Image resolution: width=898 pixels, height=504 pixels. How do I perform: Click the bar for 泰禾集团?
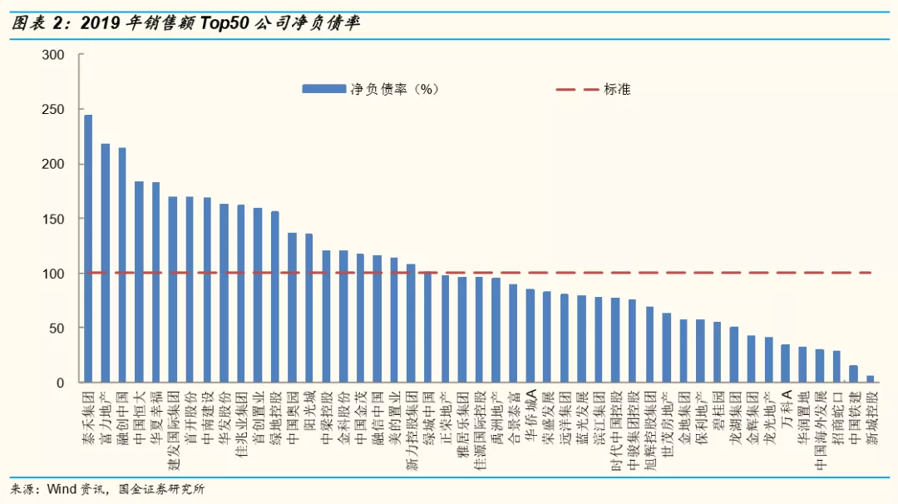click(x=88, y=249)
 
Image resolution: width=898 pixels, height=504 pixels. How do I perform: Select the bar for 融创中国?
click(x=122, y=265)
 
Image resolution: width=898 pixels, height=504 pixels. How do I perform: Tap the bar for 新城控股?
click(x=871, y=379)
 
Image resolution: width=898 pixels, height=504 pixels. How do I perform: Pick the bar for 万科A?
click(x=786, y=363)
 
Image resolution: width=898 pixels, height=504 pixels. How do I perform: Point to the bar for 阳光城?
click(x=309, y=308)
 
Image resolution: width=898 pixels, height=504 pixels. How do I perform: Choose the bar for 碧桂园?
click(x=718, y=353)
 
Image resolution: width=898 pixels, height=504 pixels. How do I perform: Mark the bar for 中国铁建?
click(x=853, y=374)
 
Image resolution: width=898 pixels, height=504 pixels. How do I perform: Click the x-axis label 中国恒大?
click(x=140, y=416)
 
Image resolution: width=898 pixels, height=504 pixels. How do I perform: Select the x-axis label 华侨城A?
click(x=530, y=416)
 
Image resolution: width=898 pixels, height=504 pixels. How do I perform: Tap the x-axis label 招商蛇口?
click(x=836, y=416)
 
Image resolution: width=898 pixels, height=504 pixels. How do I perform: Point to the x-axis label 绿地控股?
click(x=275, y=416)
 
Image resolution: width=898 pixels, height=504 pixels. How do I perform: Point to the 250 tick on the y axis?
click(x=52, y=110)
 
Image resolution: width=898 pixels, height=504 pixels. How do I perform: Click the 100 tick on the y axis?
click(x=52, y=274)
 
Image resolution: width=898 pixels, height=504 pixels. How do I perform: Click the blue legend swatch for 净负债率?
click(x=323, y=89)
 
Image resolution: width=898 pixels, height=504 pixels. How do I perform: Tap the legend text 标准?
click(x=617, y=89)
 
